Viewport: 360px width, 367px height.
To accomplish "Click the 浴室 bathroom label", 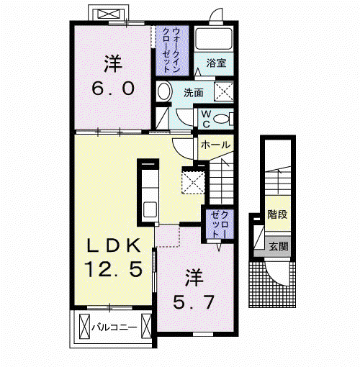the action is click(216, 63).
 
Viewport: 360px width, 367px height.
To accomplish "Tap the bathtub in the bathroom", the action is click(214, 39).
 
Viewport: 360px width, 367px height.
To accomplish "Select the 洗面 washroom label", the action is click(194, 93).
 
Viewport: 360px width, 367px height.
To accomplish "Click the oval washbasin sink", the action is click(164, 91).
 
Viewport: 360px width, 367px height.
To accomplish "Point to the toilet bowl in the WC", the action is click(221, 119).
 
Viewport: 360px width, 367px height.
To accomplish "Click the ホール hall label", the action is click(215, 145).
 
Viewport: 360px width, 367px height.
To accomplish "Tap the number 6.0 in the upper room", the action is click(113, 89).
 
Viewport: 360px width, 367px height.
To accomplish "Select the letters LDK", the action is click(114, 245).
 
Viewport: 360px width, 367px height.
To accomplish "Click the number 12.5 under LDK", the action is click(113, 269).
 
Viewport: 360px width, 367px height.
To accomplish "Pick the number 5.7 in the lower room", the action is click(194, 302).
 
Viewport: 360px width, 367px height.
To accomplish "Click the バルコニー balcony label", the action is click(114, 327).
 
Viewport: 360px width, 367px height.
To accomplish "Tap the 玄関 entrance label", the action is click(278, 246).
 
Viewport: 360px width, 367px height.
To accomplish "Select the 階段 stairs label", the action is click(277, 214).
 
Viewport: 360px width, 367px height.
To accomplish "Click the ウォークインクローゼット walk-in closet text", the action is click(171, 50).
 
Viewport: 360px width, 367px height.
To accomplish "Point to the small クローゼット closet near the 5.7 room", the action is click(220, 225).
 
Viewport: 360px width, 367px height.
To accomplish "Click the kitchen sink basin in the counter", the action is click(150, 209).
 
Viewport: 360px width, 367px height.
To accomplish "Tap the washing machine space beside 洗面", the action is click(224, 91).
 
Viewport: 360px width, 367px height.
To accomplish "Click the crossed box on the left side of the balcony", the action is click(84, 326).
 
